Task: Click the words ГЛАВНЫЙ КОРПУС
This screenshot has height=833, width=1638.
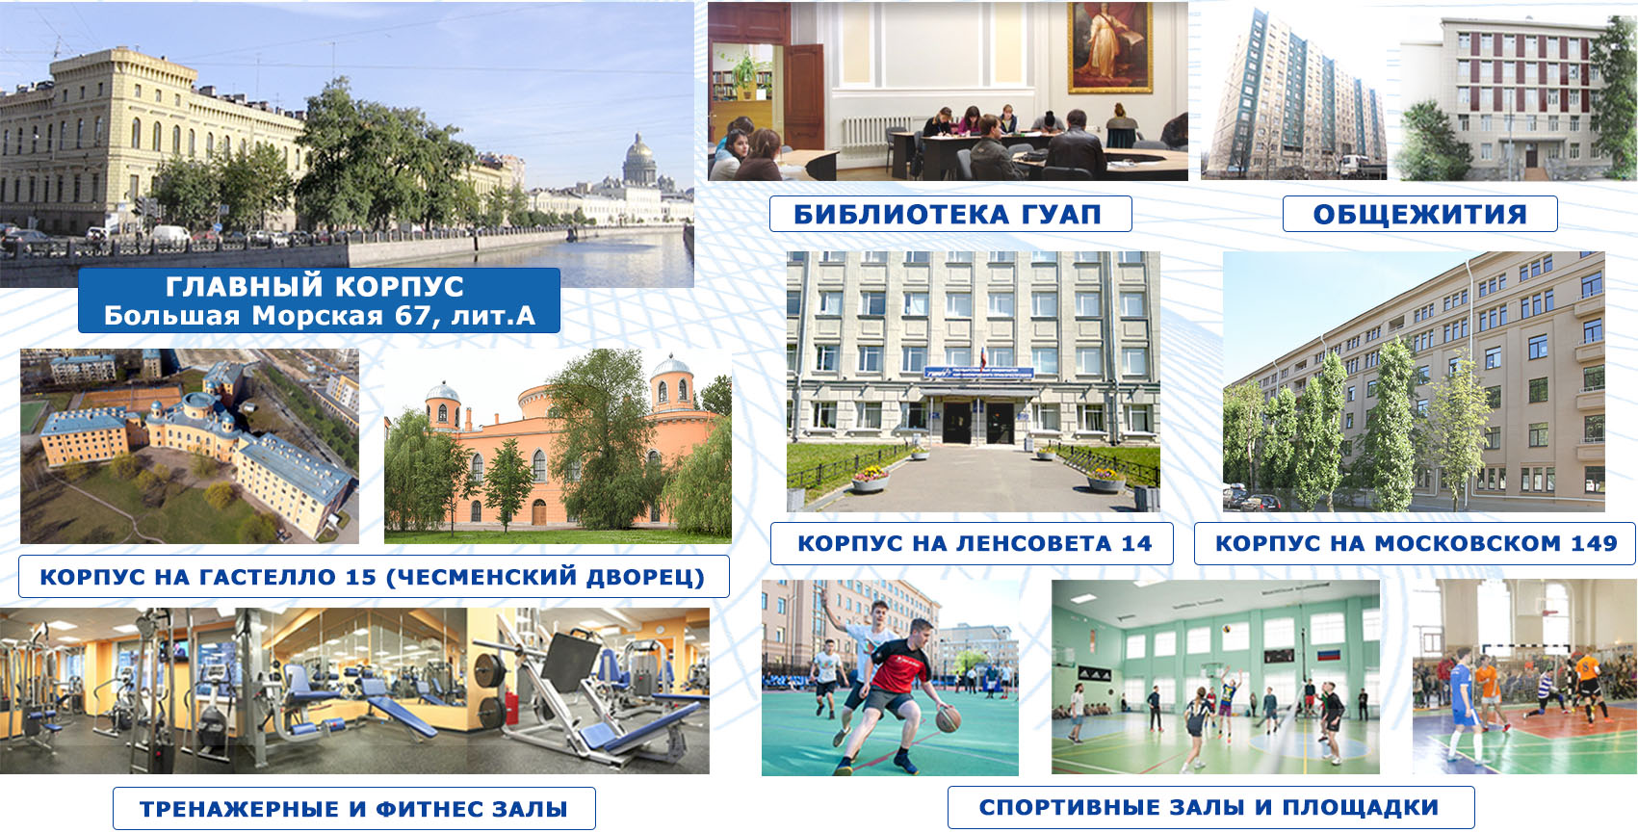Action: (x=315, y=286)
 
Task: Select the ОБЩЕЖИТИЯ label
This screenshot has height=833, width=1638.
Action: (x=1420, y=215)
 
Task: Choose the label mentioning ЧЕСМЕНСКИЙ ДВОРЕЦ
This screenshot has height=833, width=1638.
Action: (x=373, y=577)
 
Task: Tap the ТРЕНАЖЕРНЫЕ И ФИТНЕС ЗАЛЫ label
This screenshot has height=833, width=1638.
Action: (x=354, y=809)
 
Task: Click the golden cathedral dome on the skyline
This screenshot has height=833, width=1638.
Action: (x=639, y=156)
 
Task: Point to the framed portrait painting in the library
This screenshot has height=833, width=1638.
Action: (x=1109, y=47)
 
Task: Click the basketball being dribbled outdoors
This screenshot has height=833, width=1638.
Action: (x=948, y=719)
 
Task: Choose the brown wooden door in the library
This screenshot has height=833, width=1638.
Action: (x=804, y=95)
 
